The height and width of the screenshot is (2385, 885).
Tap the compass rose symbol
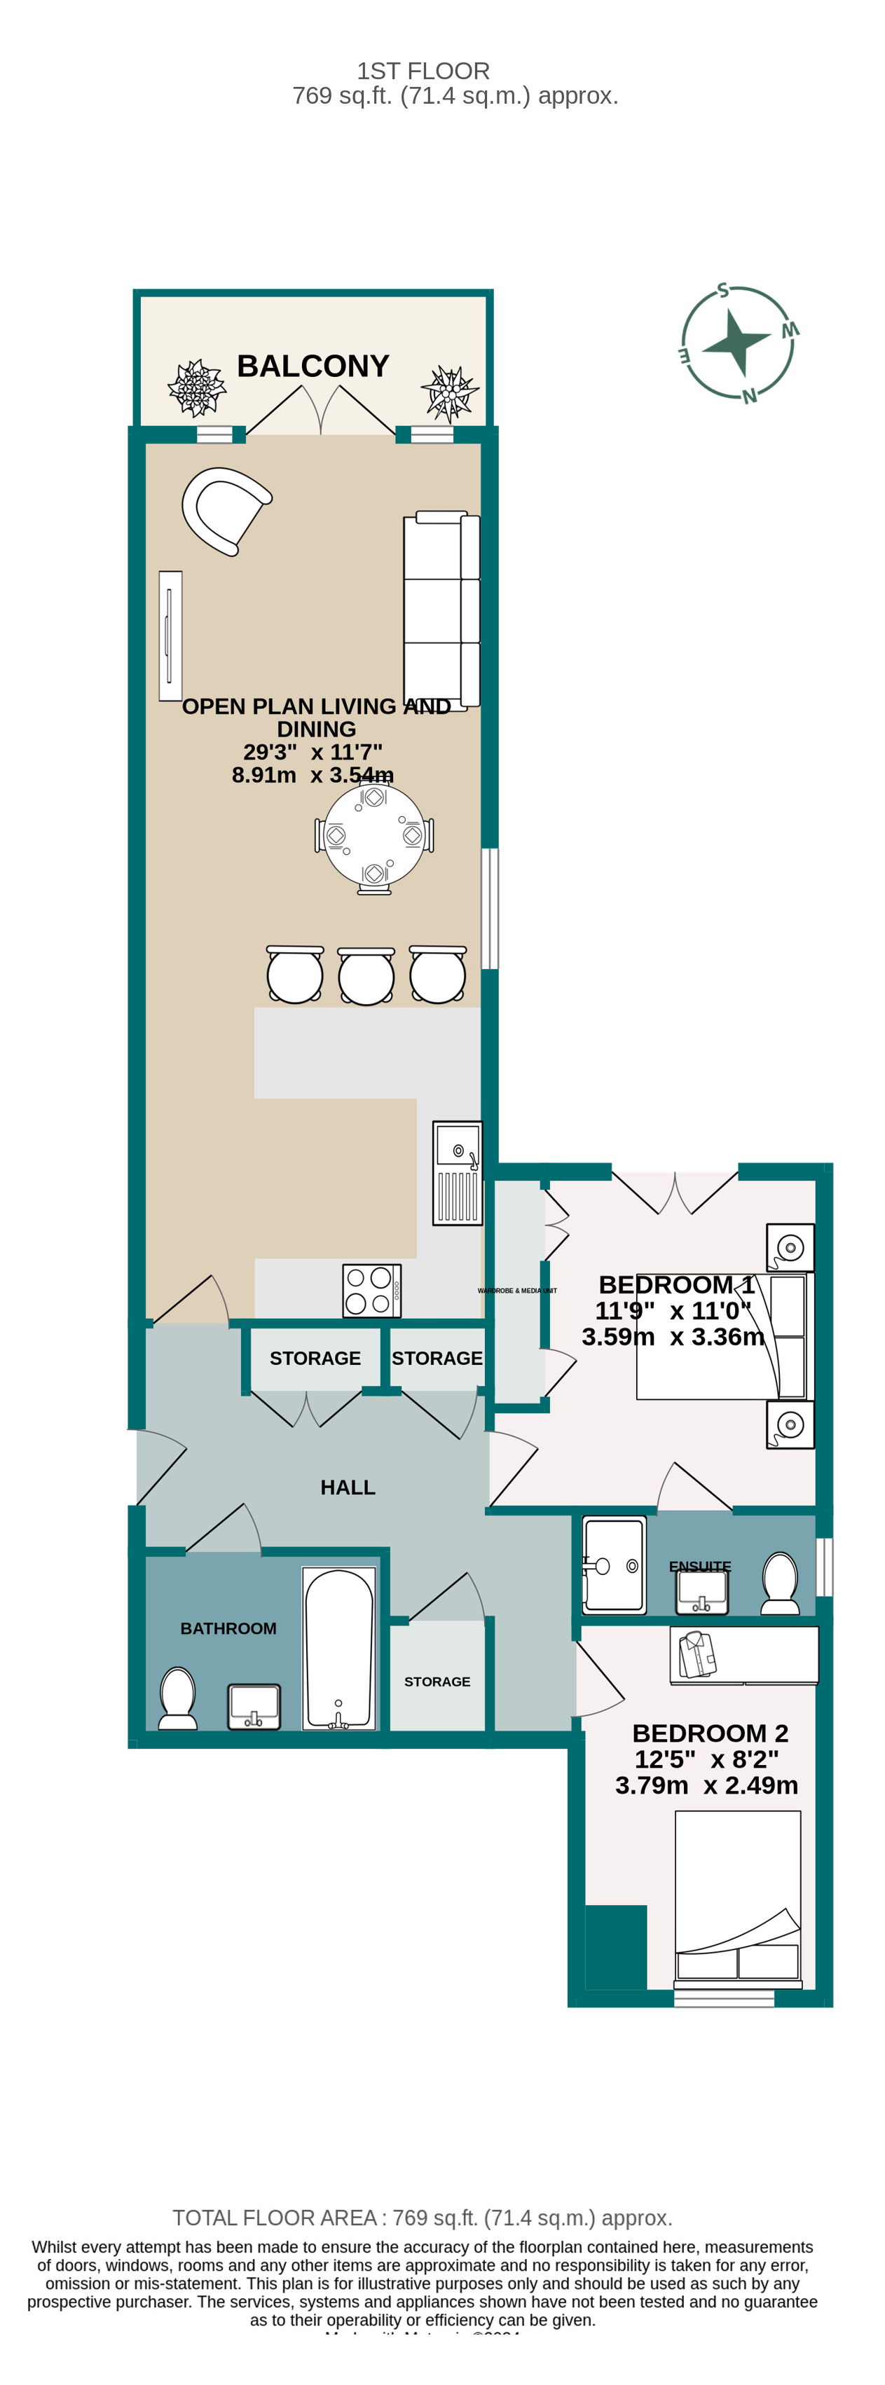[738, 343]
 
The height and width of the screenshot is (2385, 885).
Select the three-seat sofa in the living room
[441, 610]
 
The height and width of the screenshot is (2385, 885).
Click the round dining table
[374, 835]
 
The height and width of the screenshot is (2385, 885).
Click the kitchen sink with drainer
[458, 1172]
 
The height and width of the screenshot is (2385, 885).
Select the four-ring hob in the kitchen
[370, 1290]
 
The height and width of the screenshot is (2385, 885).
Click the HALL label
[347, 1487]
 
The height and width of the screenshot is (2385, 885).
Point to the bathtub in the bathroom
[339, 1647]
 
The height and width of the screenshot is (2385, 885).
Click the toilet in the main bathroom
[178, 1697]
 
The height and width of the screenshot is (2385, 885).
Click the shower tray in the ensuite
[614, 1565]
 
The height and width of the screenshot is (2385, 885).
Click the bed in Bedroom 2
[737, 1898]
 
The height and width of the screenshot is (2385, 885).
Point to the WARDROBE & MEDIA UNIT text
[516, 1290]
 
